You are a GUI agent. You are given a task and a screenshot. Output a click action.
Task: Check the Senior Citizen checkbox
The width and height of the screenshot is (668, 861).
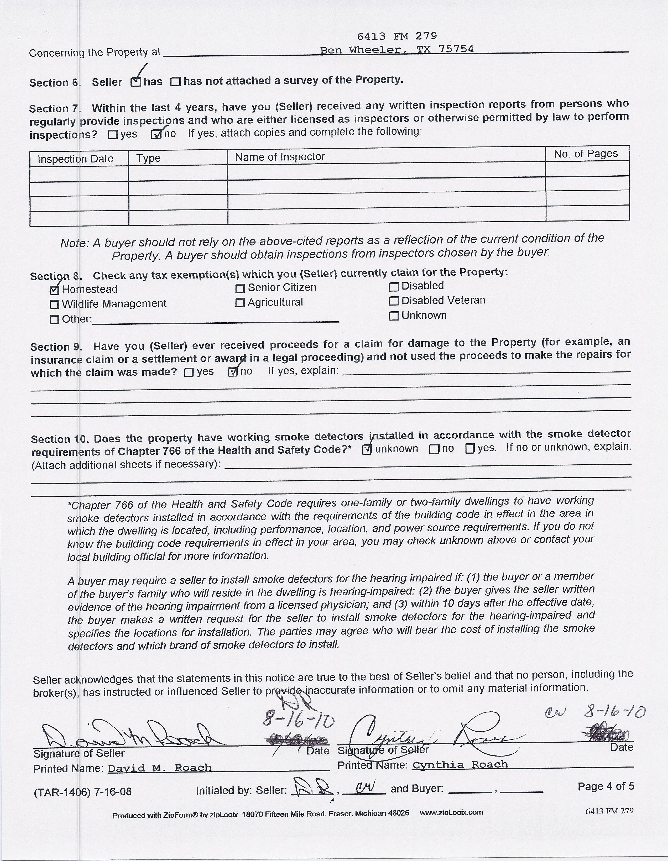pos(240,288)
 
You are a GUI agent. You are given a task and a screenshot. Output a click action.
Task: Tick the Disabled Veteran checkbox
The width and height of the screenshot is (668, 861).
pos(394,301)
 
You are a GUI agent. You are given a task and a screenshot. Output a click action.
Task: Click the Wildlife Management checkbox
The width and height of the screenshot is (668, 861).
pos(54,304)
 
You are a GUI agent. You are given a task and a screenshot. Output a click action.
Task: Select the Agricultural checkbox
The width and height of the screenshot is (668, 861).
pos(240,303)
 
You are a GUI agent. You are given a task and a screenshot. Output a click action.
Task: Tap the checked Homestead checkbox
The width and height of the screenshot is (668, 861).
pos(54,290)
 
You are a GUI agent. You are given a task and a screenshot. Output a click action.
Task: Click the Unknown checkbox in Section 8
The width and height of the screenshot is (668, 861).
pos(394,316)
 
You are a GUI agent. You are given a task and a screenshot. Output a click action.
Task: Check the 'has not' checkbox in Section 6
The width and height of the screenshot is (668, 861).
pos(175,82)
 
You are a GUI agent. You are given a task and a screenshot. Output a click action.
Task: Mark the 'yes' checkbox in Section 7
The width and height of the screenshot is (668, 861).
pos(113,135)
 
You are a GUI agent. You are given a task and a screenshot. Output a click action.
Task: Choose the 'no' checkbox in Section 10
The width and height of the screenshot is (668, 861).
pos(434,449)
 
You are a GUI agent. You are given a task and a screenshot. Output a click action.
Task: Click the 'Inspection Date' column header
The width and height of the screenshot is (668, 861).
pos(75,159)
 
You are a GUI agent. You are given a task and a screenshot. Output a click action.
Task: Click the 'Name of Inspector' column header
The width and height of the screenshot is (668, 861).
pos(280,157)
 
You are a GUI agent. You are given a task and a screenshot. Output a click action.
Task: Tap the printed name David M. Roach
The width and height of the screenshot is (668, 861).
pos(160,768)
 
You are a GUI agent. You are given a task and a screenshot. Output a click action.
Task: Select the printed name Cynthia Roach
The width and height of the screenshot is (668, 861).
pos(460,765)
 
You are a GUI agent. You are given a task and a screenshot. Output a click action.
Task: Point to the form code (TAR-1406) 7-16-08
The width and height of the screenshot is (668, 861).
pos(82,792)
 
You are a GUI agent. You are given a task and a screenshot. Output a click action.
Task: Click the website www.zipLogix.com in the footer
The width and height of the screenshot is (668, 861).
pos(451,812)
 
